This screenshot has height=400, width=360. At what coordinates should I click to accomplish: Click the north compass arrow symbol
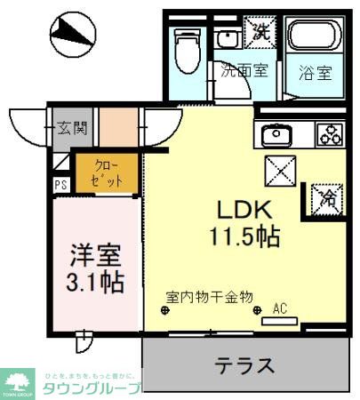72,33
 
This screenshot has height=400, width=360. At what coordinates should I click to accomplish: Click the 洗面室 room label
244,70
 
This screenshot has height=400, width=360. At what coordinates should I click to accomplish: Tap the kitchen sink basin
276,136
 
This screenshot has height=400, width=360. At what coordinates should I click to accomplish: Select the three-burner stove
330,136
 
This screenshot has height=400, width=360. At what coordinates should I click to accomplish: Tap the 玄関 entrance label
74,127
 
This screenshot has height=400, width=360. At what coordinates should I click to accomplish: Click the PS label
60,185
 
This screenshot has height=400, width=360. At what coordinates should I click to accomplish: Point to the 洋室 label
95,255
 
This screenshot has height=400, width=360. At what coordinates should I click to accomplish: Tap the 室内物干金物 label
210,296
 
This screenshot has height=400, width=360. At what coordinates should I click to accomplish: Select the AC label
280,309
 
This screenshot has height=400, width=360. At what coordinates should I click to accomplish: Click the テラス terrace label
243,365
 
